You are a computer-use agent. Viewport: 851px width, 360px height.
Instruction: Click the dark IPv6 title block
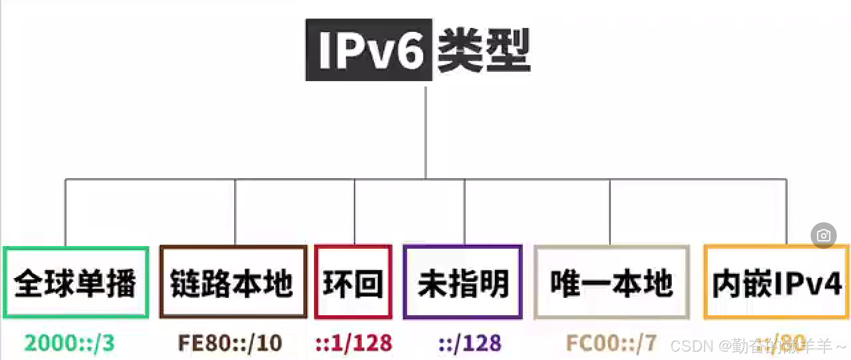tap(369, 50)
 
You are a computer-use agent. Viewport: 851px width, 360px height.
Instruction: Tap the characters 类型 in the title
tap(483, 50)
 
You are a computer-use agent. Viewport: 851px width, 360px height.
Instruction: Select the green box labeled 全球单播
tap(76, 282)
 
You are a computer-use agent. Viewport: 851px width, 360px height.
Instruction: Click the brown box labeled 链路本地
tap(233, 282)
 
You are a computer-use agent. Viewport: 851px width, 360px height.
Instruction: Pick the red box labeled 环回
tap(353, 282)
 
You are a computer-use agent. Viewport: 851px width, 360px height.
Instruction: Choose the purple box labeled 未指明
tap(463, 282)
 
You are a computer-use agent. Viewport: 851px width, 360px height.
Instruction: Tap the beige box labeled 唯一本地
tap(612, 282)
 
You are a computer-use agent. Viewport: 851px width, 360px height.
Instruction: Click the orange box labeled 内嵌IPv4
tap(776, 282)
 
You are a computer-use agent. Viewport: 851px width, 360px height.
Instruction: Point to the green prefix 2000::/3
tap(70, 343)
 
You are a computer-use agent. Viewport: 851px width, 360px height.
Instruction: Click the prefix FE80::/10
tap(230, 343)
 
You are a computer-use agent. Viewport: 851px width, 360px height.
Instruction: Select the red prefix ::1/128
tap(354, 343)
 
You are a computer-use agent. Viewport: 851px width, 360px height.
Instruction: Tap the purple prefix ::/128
tap(470, 343)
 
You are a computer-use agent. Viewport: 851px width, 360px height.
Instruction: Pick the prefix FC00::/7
tap(611, 343)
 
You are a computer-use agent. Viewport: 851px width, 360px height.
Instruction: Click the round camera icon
tap(824, 235)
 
